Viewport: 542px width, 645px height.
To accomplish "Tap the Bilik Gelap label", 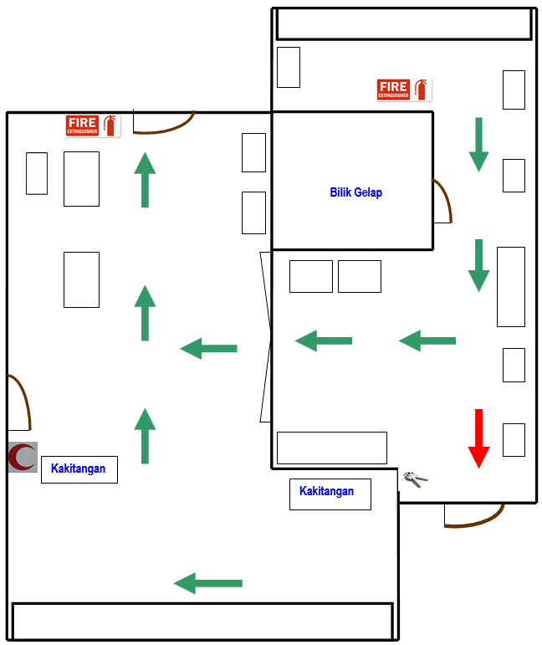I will tap(355, 192).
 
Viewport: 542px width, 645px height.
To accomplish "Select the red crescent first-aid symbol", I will tap(23, 457).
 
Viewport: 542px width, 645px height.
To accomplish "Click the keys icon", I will tap(414, 479).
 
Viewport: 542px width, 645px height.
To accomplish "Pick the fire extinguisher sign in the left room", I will tap(93, 125).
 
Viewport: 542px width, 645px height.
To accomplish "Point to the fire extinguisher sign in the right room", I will tap(404, 90).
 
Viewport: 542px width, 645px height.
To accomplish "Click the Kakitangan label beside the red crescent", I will tap(79, 468).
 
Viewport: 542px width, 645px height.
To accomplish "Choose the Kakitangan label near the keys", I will tap(326, 492).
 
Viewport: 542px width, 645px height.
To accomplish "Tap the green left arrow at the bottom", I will tap(208, 583).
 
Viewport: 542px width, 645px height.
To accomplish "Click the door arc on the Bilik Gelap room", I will tap(443, 201).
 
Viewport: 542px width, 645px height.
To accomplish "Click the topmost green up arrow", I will tap(146, 180).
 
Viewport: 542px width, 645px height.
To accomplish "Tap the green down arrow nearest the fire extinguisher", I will tap(478, 145).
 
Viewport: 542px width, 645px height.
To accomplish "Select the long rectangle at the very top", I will tap(404, 24).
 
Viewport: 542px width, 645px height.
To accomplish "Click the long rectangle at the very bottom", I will tap(202, 622).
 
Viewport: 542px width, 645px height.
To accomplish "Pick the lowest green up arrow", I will tap(146, 436).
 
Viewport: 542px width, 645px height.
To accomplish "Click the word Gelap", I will tap(368, 192).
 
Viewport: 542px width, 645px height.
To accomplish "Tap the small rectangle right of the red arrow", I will tap(514, 440).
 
